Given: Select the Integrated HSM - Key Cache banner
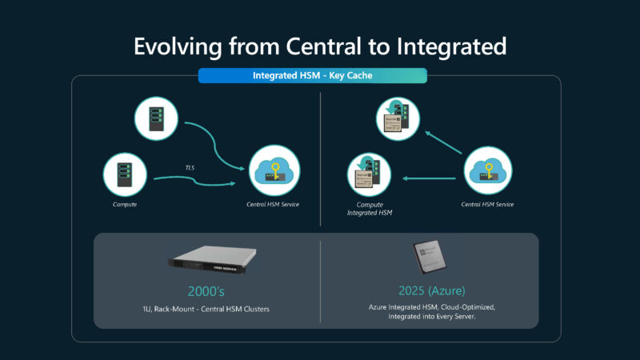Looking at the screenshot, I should [x=312, y=76].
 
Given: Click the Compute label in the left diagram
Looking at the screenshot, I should [x=126, y=205].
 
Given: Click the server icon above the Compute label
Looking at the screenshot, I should [x=126, y=175].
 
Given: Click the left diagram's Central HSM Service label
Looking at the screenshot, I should [x=274, y=205].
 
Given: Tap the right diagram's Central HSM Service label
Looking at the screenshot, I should [x=487, y=205].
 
